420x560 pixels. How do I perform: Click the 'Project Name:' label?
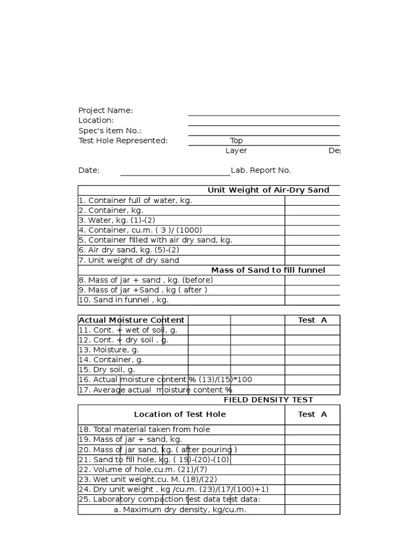106,110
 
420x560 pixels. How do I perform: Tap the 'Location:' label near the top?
96,120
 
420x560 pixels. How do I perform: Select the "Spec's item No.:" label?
110,131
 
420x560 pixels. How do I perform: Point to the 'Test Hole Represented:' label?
123,141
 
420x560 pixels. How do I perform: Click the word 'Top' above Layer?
236,141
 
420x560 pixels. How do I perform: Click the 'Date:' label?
89,170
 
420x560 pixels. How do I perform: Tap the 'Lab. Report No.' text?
261,170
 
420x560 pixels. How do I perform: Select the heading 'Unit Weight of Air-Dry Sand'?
268,190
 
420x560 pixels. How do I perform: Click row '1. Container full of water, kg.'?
136,200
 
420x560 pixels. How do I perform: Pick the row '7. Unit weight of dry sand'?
129,260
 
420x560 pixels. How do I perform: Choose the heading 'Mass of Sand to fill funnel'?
268,270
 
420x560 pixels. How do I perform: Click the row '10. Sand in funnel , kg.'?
124,300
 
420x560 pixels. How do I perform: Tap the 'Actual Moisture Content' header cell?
132,320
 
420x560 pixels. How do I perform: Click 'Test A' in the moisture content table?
312,320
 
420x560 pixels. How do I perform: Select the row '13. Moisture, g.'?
108,349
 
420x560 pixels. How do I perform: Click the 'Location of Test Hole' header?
180,415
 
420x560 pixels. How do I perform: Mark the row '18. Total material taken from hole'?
144,429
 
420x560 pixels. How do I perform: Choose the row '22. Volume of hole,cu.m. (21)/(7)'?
143,469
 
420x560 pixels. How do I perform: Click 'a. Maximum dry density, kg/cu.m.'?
180,510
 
